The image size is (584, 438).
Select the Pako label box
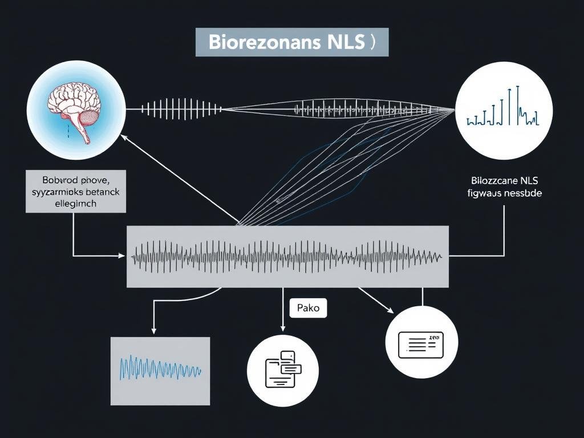[x=308, y=309]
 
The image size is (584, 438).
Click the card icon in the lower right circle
[x=421, y=342]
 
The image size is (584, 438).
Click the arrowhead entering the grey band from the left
[x=121, y=256]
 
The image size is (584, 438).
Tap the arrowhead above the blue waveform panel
[x=153, y=331]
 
